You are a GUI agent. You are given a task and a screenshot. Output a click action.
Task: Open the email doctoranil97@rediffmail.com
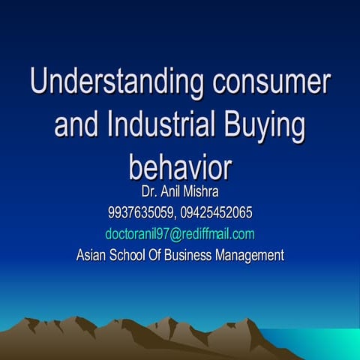point(180,233)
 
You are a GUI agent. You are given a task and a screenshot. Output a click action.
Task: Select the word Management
point(250,255)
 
